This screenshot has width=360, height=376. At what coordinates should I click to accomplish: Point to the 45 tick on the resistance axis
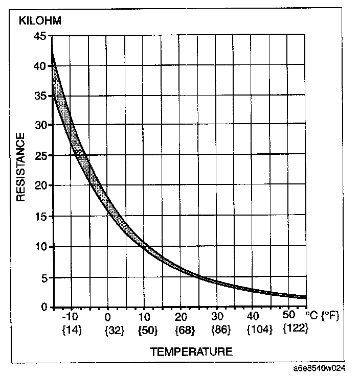pos(40,36)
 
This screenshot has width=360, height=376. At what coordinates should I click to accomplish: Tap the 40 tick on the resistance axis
pos(40,65)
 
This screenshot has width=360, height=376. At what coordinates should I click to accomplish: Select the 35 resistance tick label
pos(40,96)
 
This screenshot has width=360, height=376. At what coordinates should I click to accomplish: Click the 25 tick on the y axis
pos(40,156)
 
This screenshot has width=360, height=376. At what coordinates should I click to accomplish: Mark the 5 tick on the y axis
pos(44,277)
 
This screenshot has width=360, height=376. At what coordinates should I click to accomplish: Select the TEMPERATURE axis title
pos(191,351)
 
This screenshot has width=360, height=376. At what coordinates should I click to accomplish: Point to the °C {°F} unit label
pos(322,316)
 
